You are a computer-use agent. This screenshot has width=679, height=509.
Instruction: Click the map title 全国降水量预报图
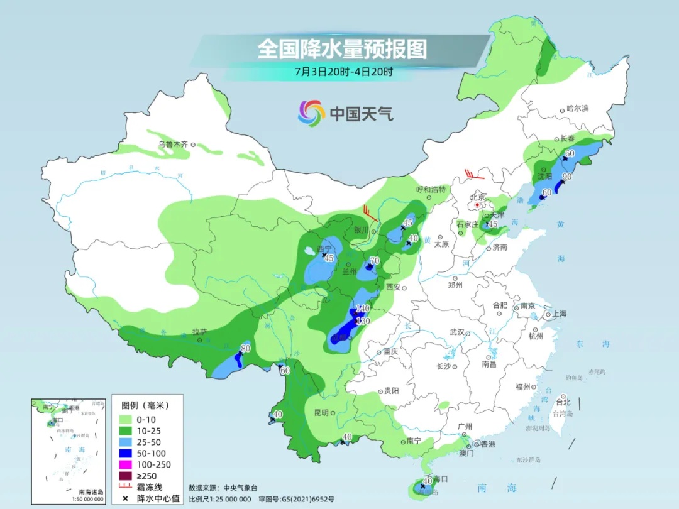point(342,49)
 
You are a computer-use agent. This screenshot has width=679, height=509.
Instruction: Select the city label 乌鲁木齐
point(173,145)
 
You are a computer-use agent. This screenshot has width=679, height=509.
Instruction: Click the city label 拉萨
point(200,331)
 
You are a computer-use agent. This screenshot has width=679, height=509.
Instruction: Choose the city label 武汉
point(456,332)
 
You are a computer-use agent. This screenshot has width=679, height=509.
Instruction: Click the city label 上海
point(559,314)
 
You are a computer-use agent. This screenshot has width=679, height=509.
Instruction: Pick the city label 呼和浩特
point(431,189)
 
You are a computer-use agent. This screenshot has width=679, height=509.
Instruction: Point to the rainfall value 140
point(362,309)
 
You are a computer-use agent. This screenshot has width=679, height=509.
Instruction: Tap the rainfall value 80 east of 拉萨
point(246,349)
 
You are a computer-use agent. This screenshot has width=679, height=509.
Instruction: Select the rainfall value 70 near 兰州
point(375,261)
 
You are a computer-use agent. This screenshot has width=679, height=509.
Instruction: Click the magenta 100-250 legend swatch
point(124,464)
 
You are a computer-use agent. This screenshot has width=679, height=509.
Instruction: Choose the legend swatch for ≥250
point(124,476)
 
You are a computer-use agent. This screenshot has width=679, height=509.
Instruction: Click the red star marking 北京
point(478,205)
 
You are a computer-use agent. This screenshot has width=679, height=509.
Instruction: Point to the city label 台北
point(563,402)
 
